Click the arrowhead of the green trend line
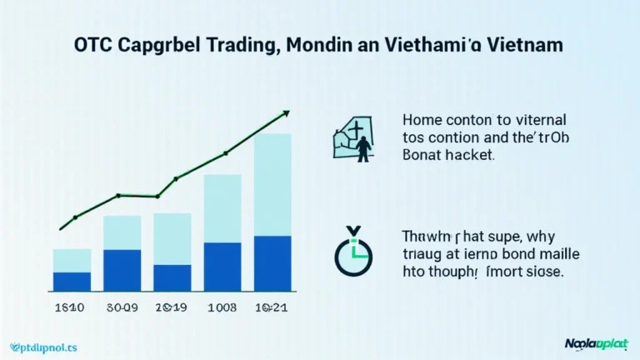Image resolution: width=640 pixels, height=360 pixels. click(285, 112)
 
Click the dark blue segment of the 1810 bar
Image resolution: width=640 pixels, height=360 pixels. click(72, 282)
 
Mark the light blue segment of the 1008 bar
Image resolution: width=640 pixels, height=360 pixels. click(222, 208)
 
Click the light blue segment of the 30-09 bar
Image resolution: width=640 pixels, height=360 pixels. click(122, 232)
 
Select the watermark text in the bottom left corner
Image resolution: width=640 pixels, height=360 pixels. click(41, 344)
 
